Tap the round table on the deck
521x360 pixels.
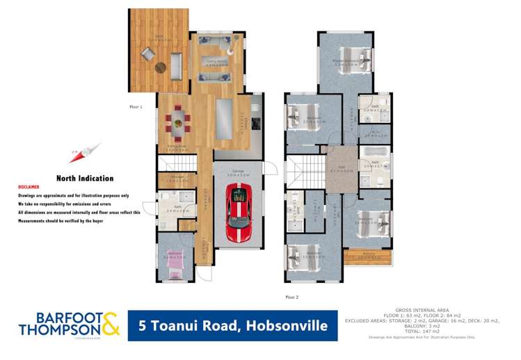161,67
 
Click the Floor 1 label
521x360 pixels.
136,107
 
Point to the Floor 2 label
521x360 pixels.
291,296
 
